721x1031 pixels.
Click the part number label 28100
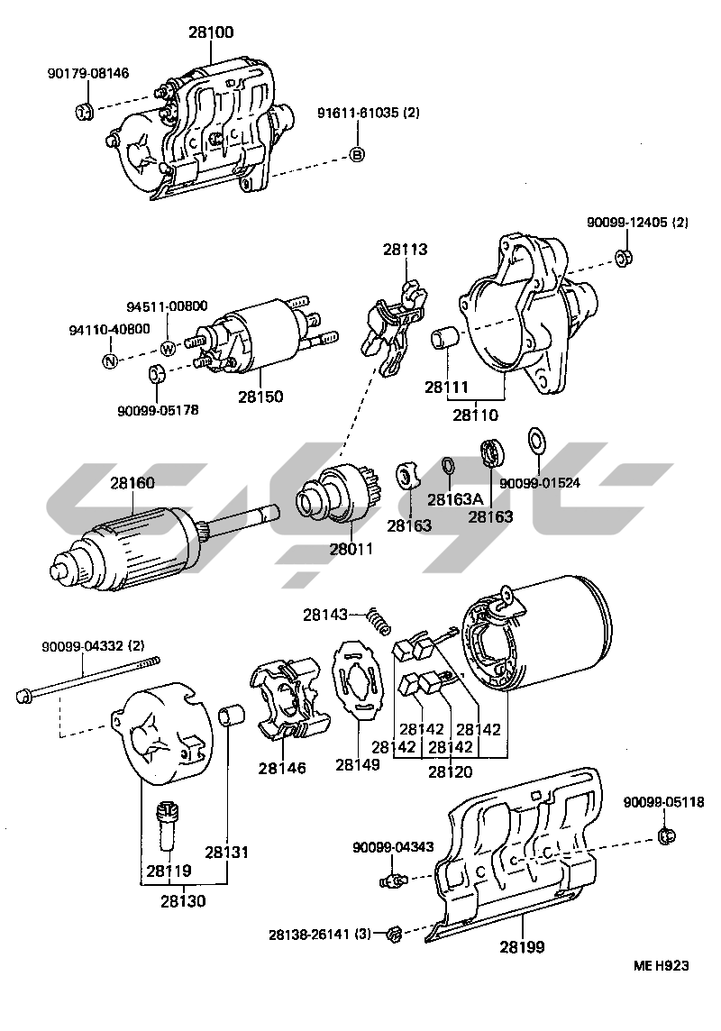[x=211, y=33]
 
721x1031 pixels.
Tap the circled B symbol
[x=357, y=155]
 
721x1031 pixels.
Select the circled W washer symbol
[x=168, y=349]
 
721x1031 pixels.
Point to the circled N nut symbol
[x=110, y=361]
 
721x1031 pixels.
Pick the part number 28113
[x=404, y=250]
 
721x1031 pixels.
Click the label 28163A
[x=455, y=499]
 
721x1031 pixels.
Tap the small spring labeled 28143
[x=380, y=621]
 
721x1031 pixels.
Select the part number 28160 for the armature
[x=132, y=483]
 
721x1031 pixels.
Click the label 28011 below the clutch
[x=351, y=548]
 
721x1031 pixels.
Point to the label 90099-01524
[x=540, y=483]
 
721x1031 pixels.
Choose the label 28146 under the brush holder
[x=282, y=769]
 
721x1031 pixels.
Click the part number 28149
[x=358, y=764]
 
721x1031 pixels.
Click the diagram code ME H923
[x=661, y=965]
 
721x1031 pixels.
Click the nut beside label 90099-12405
[x=622, y=259]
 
